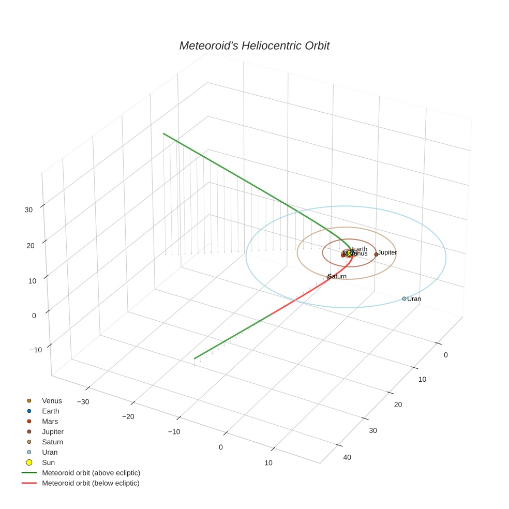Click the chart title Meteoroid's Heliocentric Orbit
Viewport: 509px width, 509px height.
[x=254, y=46]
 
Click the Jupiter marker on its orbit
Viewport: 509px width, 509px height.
[x=376, y=254]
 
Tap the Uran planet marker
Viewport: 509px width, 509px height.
[x=404, y=298]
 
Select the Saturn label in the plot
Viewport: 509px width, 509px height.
[x=337, y=276]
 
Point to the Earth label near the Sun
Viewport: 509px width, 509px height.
[x=360, y=249]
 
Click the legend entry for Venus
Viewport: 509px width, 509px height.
[x=52, y=400]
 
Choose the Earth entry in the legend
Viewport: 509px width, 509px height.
[x=51, y=411]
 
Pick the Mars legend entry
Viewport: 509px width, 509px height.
[x=50, y=421]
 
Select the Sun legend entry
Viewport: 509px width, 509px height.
[x=48, y=462]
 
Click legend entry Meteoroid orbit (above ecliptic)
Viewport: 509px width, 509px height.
[x=91, y=473]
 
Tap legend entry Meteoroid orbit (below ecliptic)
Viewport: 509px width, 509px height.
[x=91, y=483]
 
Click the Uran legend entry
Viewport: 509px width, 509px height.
[x=50, y=452]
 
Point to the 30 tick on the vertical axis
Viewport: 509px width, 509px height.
[x=28, y=209]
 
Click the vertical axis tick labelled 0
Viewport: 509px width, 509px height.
[x=34, y=315]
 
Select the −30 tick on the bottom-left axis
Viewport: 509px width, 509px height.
[x=83, y=401]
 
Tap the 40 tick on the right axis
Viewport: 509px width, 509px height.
[x=347, y=457]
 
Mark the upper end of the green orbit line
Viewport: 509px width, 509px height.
[x=163, y=133]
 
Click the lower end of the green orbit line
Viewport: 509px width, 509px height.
[x=194, y=358]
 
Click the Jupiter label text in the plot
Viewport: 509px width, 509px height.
[x=387, y=252]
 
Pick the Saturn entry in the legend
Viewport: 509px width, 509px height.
[x=52, y=442]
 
